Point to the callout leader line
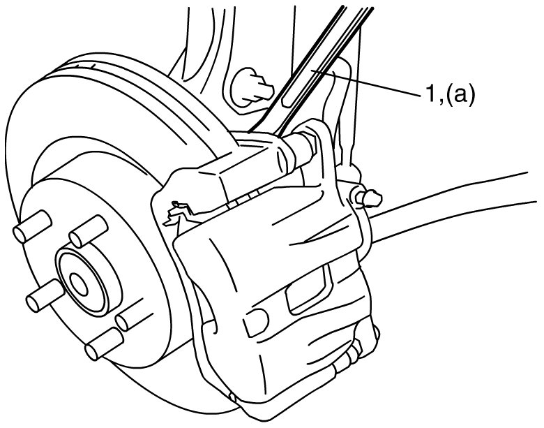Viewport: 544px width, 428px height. pos(365,82)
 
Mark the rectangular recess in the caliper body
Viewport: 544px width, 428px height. pos(308,290)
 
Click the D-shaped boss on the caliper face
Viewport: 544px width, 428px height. pos(256,321)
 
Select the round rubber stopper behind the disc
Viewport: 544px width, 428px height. pos(250,87)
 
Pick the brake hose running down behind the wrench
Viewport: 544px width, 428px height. pos(342,115)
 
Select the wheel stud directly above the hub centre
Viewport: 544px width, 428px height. pos(88,231)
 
